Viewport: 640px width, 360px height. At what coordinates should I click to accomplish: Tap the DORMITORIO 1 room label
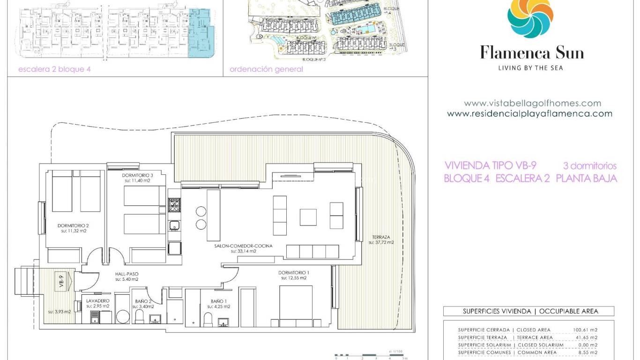coord(294,272)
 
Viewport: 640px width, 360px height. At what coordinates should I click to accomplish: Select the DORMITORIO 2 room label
coord(73,225)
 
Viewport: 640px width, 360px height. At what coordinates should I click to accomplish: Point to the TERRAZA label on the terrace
coord(381,237)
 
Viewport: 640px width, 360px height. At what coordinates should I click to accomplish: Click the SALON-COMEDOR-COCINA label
coord(243,246)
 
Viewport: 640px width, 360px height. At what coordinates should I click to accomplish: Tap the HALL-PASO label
coord(127,274)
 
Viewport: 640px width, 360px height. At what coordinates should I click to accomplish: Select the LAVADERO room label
coord(97,301)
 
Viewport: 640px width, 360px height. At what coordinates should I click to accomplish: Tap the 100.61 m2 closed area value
coord(585,330)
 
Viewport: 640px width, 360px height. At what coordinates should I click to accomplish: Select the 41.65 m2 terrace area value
coord(586,337)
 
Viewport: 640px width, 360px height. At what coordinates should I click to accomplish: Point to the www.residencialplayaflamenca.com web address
coord(529,113)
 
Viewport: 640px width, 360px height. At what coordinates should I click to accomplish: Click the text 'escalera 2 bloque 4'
coord(54,69)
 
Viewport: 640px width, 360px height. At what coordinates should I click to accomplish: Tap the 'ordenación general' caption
coord(266,69)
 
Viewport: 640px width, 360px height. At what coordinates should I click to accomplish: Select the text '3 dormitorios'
coord(590,166)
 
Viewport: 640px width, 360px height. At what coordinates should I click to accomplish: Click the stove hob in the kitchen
coord(174,205)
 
